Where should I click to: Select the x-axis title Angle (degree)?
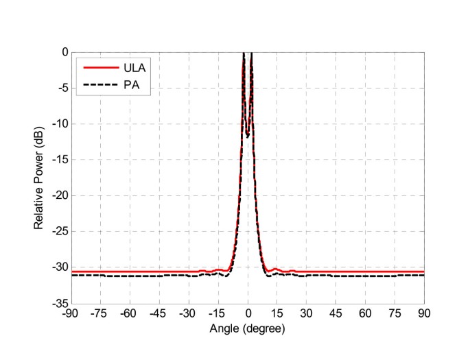click(x=248, y=328)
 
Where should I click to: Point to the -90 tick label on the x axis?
click(x=71, y=313)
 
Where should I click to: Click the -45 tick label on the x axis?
click(x=159, y=313)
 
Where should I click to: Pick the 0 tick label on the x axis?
click(x=248, y=313)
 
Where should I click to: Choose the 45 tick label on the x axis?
click(x=336, y=313)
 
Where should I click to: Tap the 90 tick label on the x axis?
click(x=424, y=313)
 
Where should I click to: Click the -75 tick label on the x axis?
click(x=101, y=313)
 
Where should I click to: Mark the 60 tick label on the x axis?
click(x=366, y=313)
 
